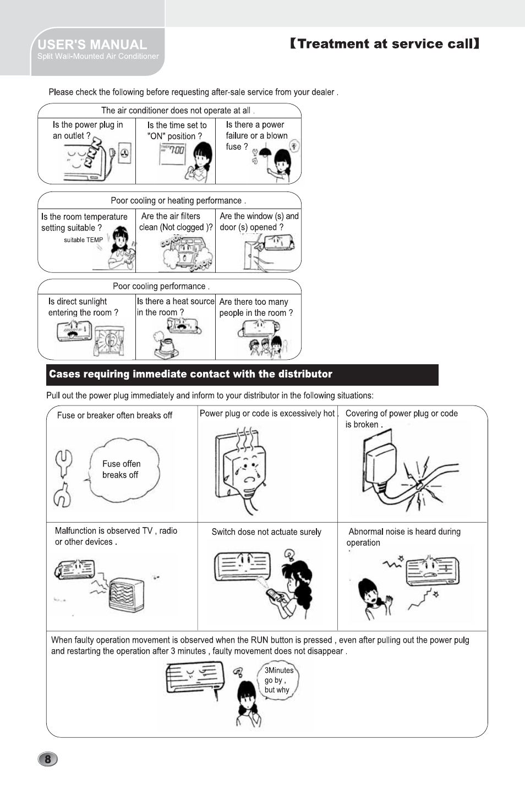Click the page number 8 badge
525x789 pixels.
48,759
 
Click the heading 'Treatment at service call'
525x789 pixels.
385,44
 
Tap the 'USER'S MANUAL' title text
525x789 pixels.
92,45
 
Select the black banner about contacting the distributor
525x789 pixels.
242,375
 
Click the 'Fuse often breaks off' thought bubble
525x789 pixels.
124,469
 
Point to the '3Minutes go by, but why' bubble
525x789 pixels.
278,680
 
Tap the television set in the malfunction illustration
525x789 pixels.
126,594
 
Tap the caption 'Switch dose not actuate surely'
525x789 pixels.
266,532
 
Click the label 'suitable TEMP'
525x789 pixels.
83,240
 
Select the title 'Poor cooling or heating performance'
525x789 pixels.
178,201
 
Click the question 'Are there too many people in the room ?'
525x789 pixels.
256,307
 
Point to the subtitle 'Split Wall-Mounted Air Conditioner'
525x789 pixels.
98,57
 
